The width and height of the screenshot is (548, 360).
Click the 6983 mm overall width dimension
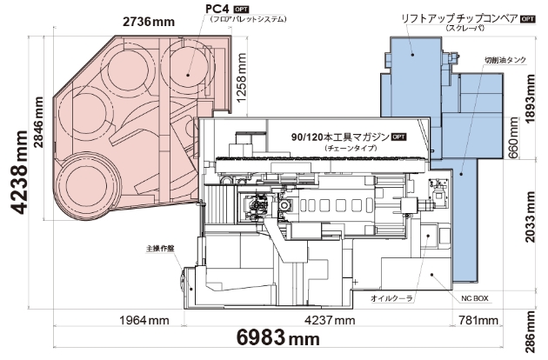click(x=278, y=338)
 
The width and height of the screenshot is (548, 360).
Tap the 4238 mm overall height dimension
click(x=19, y=171)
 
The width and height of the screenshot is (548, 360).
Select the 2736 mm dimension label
click(x=149, y=22)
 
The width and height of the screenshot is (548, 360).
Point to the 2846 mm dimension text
click(x=38, y=122)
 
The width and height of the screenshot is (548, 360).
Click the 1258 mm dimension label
click(x=241, y=77)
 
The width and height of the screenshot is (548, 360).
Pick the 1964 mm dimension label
click(x=144, y=320)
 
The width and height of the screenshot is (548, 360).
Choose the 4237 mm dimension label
click(x=330, y=320)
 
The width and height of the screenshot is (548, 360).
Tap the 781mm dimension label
click(x=478, y=320)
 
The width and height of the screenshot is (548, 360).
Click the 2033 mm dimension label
click(x=530, y=217)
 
